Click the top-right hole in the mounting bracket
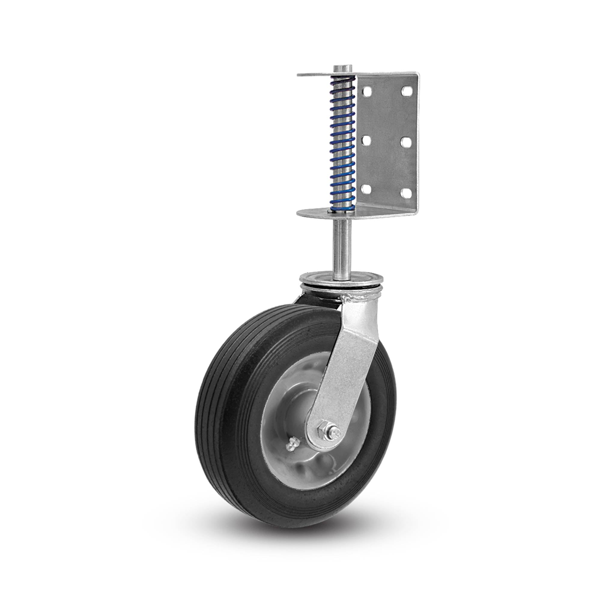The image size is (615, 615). click(406, 91)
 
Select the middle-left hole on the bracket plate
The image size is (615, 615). click(366, 140)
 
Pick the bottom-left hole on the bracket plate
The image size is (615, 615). click(366, 189)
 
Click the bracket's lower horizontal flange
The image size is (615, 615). click(318, 213)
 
